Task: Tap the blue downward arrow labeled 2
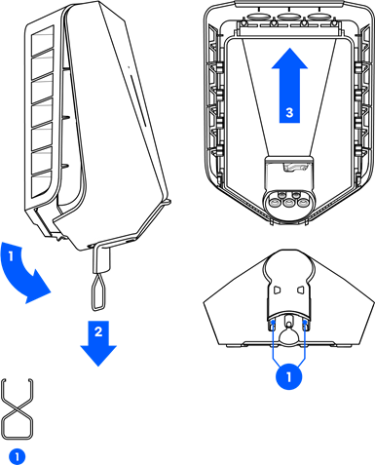tap(98, 343)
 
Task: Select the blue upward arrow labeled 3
tap(289, 86)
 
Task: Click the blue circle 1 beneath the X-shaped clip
tap(18, 456)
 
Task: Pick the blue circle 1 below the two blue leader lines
tap(289, 377)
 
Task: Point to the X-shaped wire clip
tap(18, 408)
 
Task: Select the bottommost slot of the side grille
tap(41, 183)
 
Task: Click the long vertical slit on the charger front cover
tap(137, 100)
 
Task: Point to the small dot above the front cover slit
tap(129, 67)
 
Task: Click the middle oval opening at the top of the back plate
tap(289, 16)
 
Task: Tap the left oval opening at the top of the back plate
tap(260, 16)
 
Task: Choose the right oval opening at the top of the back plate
tap(319, 16)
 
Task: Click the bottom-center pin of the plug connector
tap(288, 204)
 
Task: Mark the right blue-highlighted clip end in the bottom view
tap(305, 325)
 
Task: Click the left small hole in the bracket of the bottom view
tap(277, 290)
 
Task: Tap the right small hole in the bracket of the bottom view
tap(300, 290)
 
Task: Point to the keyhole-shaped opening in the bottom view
tap(288, 333)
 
